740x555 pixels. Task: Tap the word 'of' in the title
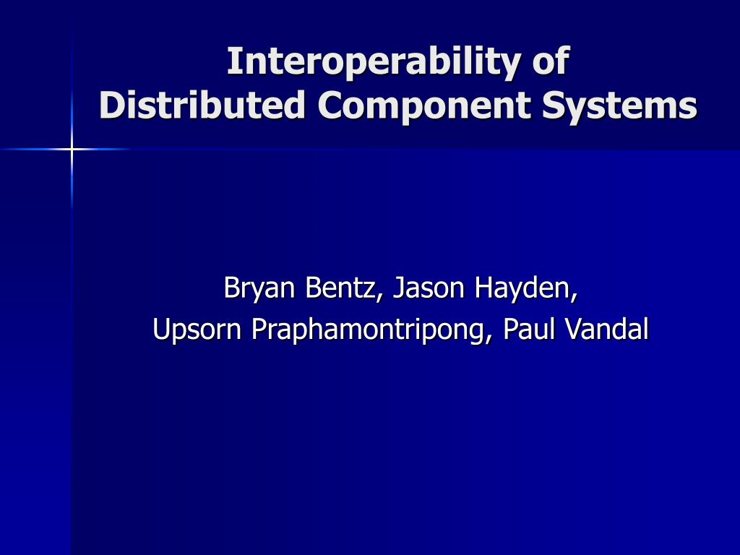[x=551, y=61]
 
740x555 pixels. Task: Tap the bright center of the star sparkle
[x=72, y=150]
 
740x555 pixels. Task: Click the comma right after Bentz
[x=380, y=296]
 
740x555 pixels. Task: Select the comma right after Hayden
[x=575, y=296]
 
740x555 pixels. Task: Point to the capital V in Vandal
[x=572, y=330]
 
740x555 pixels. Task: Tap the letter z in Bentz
[x=369, y=290]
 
